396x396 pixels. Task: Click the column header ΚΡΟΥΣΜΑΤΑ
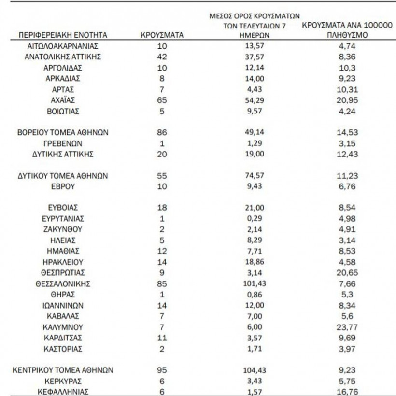tap(162, 35)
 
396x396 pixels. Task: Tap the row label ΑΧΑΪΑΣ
tap(62, 100)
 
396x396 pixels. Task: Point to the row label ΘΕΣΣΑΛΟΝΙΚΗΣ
tap(62, 283)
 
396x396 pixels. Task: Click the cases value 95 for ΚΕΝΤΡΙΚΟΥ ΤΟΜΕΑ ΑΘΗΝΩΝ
tap(162, 370)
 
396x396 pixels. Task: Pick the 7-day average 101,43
tap(253, 283)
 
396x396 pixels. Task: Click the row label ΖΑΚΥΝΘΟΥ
tap(62, 229)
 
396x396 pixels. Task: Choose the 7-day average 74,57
tap(253, 176)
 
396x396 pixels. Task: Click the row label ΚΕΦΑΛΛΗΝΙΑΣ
tap(62, 392)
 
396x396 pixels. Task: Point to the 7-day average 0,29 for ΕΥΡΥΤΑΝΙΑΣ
tap(253, 218)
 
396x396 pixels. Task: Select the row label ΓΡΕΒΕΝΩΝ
tap(62, 143)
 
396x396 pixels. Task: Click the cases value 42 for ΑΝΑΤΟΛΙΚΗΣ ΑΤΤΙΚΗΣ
tap(162, 57)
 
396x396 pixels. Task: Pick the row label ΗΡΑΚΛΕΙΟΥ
tap(62, 262)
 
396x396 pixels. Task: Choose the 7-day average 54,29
tap(253, 100)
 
